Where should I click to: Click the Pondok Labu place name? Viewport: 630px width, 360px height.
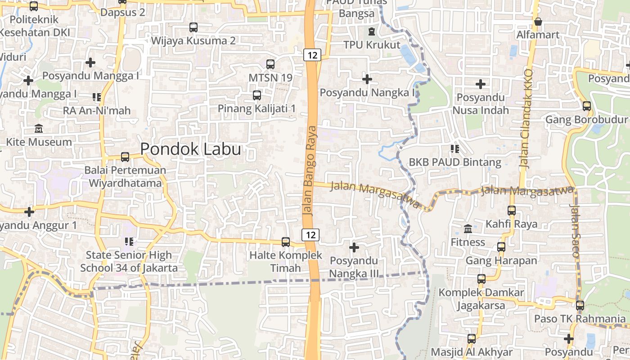pyautogui.click(x=190, y=149)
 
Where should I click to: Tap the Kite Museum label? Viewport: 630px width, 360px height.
pyautogui.click(x=39, y=142)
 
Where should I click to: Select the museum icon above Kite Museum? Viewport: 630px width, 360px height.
pyautogui.click(x=39, y=129)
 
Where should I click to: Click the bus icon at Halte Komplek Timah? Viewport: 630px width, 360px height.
pyautogui.click(x=285, y=242)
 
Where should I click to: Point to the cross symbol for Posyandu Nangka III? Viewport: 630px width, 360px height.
pyautogui.click(x=354, y=247)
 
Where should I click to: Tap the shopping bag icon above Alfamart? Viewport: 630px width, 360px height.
pyautogui.click(x=538, y=22)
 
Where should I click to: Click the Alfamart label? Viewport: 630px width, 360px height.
pyautogui.click(x=538, y=35)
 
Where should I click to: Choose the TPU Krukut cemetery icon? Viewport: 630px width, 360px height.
pyautogui.click(x=371, y=31)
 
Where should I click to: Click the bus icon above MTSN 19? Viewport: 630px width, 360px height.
pyautogui.click(x=270, y=64)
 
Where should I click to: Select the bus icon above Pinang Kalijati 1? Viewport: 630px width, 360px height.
pyautogui.click(x=256, y=95)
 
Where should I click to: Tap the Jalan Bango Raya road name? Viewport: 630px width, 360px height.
pyautogui.click(x=310, y=171)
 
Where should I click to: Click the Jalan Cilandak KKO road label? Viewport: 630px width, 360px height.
pyautogui.click(x=525, y=119)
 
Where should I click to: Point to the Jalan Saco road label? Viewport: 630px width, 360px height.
pyautogui.click(x=576, y=231)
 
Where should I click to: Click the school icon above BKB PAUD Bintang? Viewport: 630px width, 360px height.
pyautogui.click(x=454, y=148)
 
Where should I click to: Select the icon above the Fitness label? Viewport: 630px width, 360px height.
pyautogui.click(x=468, y=229)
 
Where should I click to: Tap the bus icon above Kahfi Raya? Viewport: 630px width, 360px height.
pyautogui.click(x=511, y=210)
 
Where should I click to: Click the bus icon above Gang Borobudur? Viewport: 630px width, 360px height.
pyautogui.click(x=586, y=106)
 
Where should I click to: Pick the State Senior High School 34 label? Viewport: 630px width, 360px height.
pyautogui.click(x=129, y=261)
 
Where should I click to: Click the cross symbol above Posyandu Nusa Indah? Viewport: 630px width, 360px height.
pyautogui.click(x=481, y=84)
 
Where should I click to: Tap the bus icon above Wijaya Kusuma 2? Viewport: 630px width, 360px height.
pyautogui.click(x=193, y=27)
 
